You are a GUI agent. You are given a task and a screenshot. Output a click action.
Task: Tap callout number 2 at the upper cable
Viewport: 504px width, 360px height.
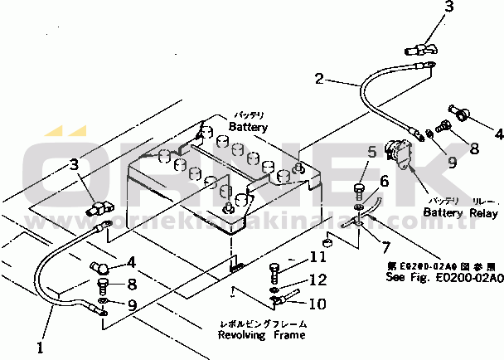(x=319, y=80)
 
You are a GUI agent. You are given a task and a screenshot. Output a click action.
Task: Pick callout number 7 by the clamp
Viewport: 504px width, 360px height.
(x=386, y=246)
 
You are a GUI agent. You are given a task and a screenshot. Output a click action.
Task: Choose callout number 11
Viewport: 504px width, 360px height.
(x=319, y=256)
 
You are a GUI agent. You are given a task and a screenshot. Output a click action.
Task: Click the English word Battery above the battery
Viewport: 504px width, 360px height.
(x=249, y=127)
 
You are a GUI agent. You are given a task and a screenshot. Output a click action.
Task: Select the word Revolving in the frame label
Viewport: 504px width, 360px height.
(x=242, y=335)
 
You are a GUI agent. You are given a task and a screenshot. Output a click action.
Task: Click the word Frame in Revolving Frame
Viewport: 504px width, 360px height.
(x=287, y=335)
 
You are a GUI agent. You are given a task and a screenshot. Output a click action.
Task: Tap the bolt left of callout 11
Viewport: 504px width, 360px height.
(x=276, y=270)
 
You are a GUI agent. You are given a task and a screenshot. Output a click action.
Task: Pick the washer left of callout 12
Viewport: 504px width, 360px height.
(x=274, y=286)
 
